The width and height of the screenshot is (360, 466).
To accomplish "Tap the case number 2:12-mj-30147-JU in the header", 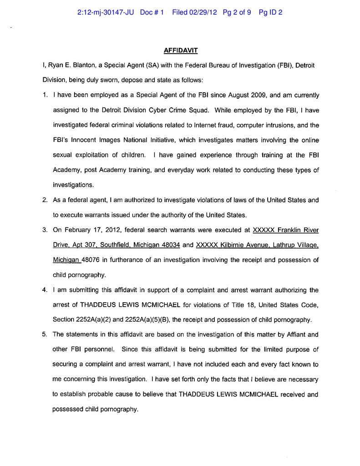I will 106,13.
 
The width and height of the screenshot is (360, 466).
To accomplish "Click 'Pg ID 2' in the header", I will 270,13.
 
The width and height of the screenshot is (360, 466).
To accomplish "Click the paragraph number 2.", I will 45,200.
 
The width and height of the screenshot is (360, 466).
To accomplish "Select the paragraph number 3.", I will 45,230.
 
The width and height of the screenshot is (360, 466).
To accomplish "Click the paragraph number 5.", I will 45,334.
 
